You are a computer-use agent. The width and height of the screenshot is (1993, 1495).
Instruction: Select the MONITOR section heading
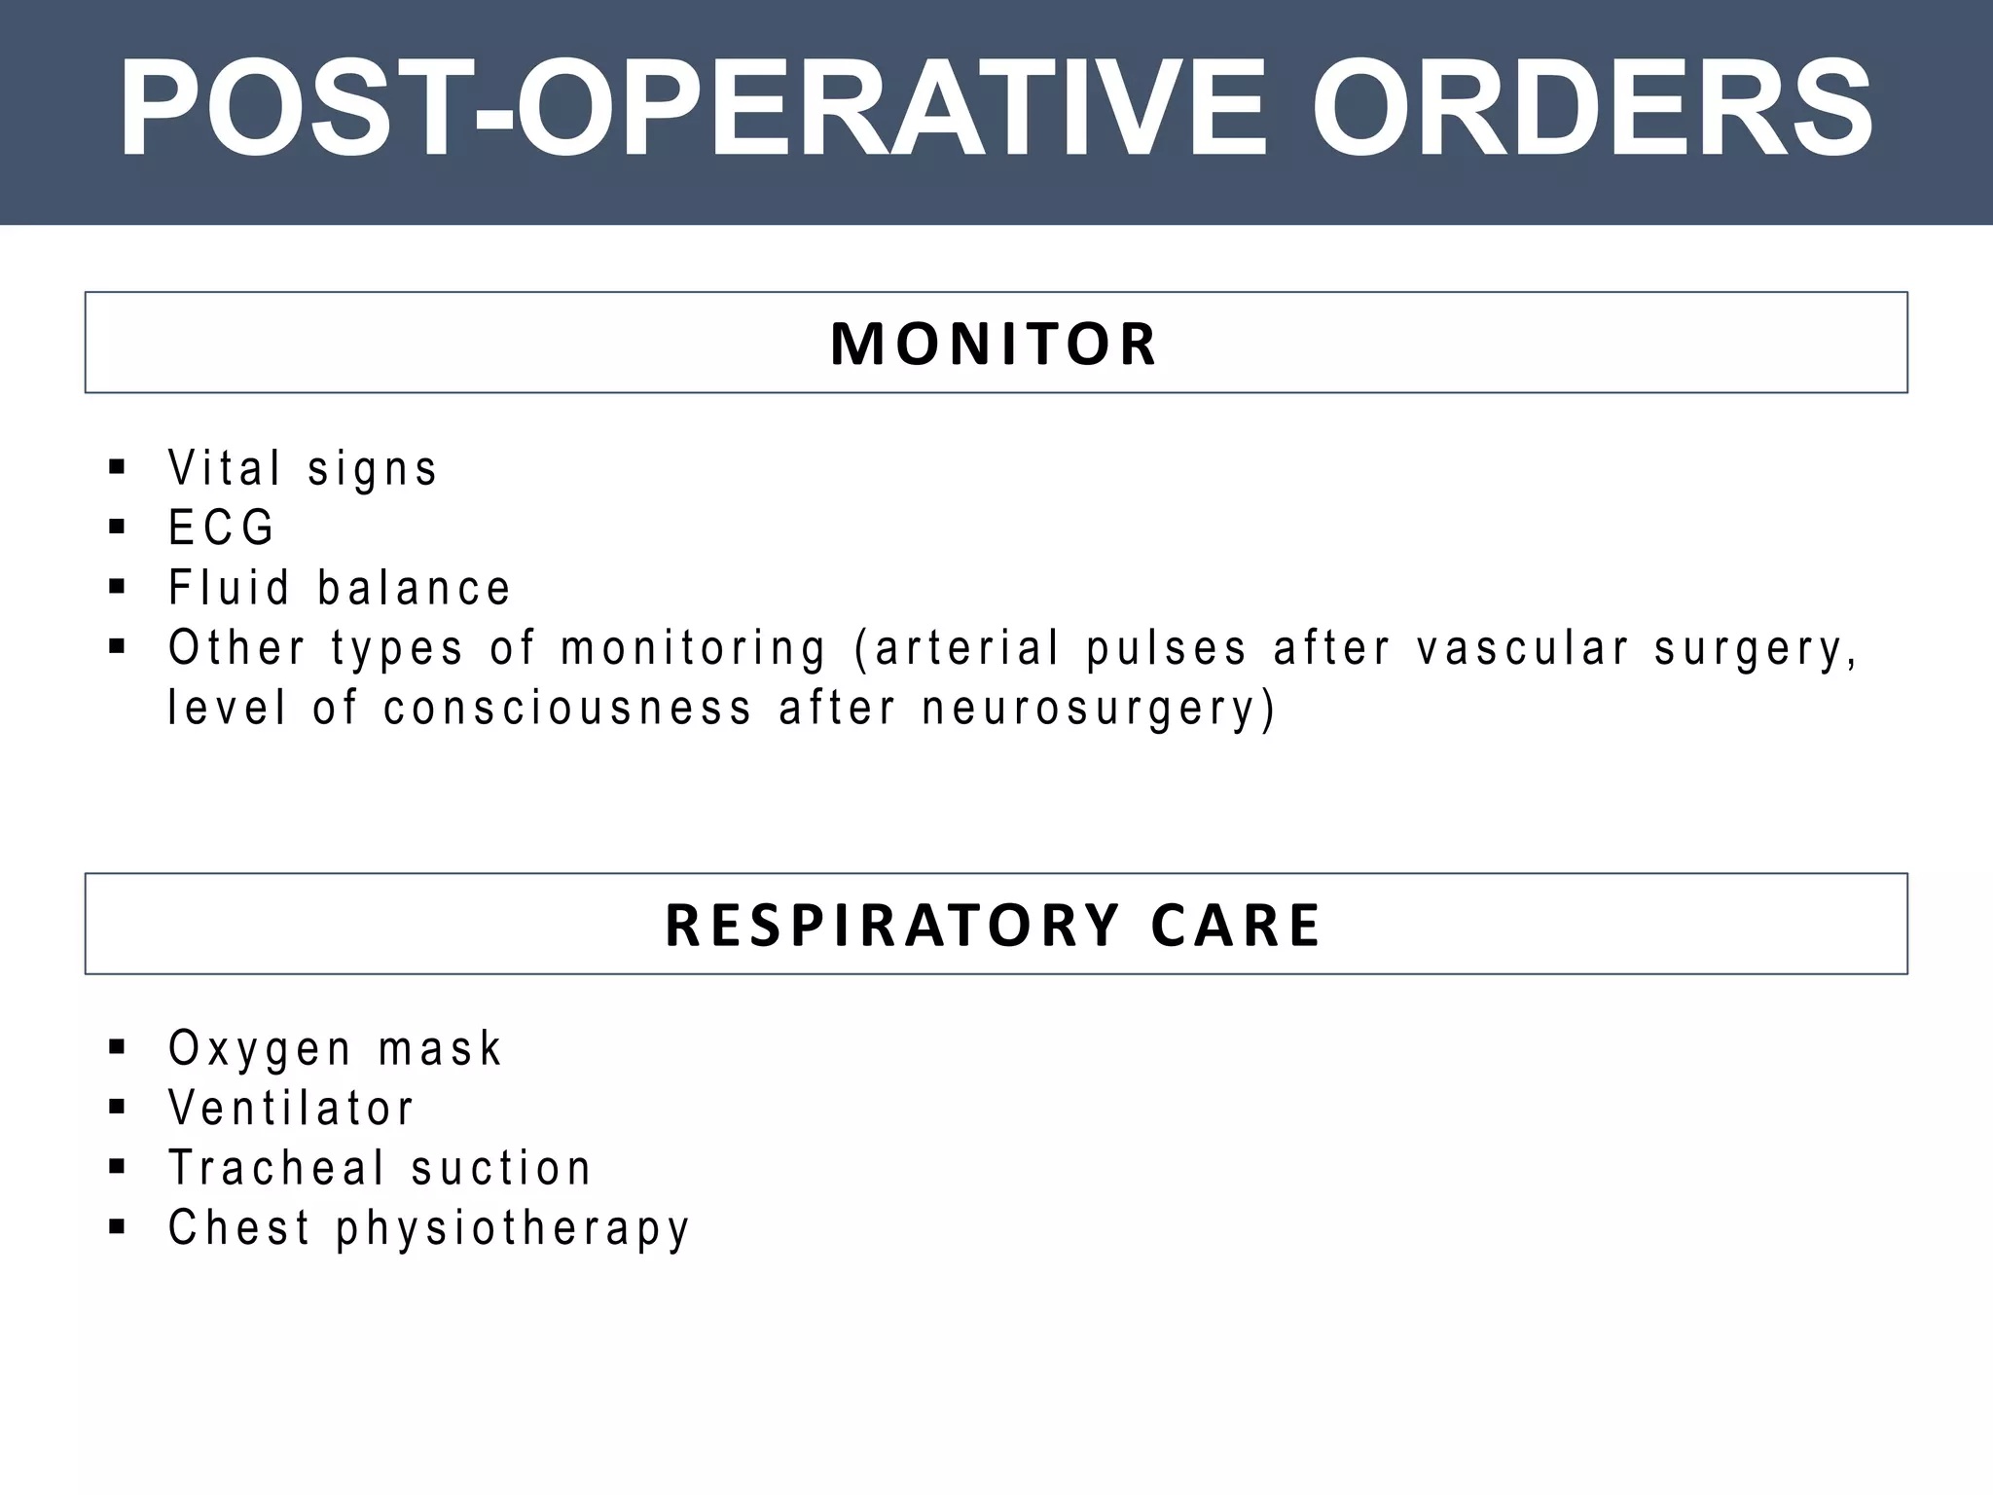(994, 344)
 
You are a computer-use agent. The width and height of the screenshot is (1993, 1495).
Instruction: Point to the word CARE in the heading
(1235, 925)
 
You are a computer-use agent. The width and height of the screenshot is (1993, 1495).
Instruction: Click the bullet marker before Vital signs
(118, 466)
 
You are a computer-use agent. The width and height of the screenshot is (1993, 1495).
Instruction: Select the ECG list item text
(221, 528)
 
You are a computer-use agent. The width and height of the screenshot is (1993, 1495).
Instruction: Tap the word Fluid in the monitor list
(229, 587)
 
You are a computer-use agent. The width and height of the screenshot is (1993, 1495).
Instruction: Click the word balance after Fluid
(414, 587)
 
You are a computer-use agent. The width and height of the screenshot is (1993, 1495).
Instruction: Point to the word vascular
(1522, 648)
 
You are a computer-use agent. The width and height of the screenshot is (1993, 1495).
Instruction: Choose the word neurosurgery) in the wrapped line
(1098, 709)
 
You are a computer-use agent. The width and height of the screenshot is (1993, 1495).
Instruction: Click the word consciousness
(567, 708)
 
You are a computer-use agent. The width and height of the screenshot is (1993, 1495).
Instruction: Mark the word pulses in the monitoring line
(1166, 649)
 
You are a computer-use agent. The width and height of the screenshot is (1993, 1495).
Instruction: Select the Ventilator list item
(291, 1108)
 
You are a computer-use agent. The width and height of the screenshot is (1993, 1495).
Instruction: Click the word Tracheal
(276, 1167)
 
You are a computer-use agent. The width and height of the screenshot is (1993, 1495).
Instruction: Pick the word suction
(500, 1168)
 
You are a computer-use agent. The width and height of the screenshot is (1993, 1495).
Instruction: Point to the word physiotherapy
(513, 1228)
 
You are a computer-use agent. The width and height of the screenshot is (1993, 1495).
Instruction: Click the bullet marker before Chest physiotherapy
(118, 1225)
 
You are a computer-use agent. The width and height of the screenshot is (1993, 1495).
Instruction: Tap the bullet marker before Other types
(118, 646)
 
